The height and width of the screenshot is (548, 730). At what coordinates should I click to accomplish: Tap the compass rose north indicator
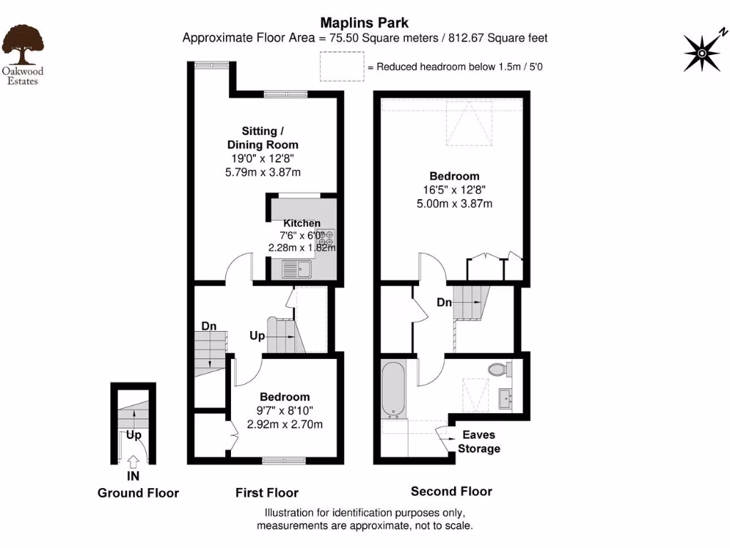tap(702, 52)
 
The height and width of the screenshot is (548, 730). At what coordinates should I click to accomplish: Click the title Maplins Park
tap(364, 23)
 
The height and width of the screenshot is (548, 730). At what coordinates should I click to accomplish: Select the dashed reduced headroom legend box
tap(340, 68)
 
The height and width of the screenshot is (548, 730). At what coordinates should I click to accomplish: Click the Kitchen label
tap(302, 223)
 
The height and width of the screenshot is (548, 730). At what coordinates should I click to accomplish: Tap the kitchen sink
tap(297, 269)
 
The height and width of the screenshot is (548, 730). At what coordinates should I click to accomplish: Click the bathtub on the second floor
tap(393, 390)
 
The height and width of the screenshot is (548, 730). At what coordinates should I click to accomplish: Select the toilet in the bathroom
tap(499, 370)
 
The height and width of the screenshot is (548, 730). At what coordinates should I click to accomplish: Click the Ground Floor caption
tap(138, 493)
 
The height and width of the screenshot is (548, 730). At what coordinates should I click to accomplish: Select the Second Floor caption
tap(451, 491)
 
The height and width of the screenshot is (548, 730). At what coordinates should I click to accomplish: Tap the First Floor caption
tap(267, 492)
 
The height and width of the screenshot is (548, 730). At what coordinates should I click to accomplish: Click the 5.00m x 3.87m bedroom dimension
tap(454, 203)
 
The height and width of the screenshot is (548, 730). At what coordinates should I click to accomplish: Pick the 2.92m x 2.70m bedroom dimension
tap(284, 425)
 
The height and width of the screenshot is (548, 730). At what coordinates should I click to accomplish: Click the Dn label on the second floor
tap(444, 303)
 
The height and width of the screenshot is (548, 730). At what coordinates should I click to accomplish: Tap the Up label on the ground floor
tap(133, 434)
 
